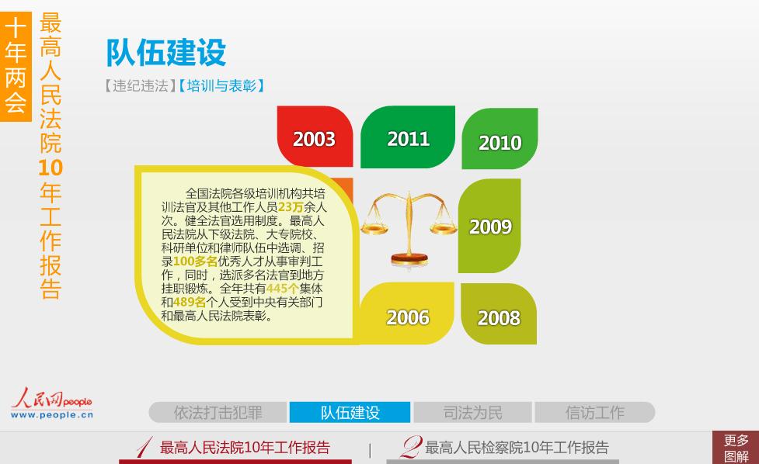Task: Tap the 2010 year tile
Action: (x=500, y=139)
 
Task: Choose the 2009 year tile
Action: (x=489, y=226)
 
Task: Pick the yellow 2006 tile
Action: (x=406, y=313)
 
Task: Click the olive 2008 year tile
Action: (x=499, y=314)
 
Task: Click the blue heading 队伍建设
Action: (x=166, y=52)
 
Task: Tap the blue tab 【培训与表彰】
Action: (x=221, y=86)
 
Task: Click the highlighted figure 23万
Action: (x=291, y=207)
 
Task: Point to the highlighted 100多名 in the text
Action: (x=195, y=261)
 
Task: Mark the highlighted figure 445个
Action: (x=283, y=289)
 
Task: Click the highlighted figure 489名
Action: (x=190, y=302)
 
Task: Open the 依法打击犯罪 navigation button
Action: (x=218, y=412)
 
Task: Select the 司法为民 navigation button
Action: (x=472, y=412)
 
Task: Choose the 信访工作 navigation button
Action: (x=595, y=412)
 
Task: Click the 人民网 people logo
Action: (x=52, y=403)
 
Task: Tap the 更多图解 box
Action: (x=736, y=448)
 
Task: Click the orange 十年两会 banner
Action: (x=16, y=67)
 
